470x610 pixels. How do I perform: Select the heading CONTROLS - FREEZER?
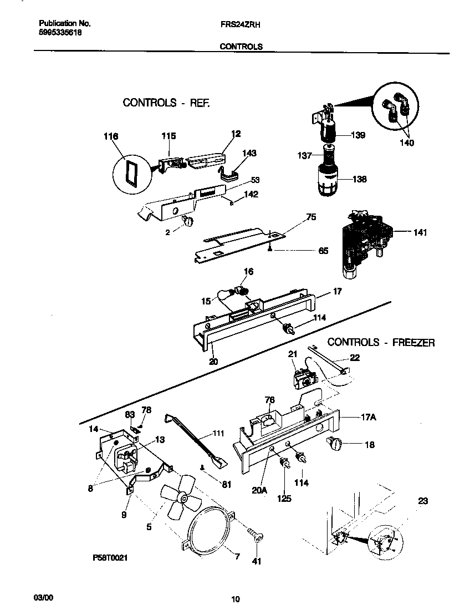[x=381, y=343]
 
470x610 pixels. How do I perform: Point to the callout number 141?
[x=420, y=233]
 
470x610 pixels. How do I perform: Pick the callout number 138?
[x=357, y=179]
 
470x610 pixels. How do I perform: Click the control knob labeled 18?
[x=336, y=443]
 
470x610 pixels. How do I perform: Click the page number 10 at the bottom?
[x=236, y=598]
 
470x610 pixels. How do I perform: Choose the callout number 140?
[x=406, y=143]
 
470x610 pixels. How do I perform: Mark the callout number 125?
[x=284, y=499]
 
